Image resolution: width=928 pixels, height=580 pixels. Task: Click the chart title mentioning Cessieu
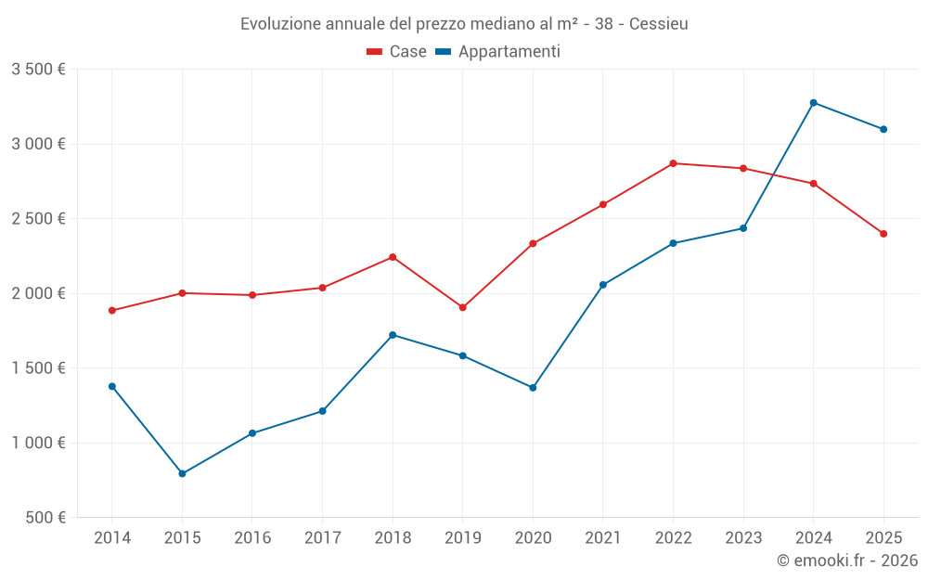464,24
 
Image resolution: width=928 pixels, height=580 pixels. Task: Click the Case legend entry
397,52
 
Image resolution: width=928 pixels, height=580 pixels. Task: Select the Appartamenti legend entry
498,52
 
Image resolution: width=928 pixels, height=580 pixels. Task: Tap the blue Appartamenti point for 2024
813,103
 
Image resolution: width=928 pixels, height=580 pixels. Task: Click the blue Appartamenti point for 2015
182,474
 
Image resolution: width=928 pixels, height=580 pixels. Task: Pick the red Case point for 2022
673,163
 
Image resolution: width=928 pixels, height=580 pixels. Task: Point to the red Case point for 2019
462,307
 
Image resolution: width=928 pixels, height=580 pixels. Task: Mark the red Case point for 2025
883,234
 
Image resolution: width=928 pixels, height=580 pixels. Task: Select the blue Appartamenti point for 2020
533,388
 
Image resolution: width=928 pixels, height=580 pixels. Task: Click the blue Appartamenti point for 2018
393,335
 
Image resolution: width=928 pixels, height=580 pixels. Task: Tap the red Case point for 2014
112,311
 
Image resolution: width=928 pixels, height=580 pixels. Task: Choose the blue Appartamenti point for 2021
603,285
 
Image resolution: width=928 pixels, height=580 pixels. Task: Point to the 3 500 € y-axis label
38,70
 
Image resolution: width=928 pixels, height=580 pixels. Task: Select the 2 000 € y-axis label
38,293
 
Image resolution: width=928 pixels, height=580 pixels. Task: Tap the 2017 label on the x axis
322,538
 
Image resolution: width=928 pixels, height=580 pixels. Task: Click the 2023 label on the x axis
743,538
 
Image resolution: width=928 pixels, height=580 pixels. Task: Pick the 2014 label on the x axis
112,538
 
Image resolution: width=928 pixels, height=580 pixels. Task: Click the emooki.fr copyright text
846,561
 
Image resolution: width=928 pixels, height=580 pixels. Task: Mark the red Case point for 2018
393,257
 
